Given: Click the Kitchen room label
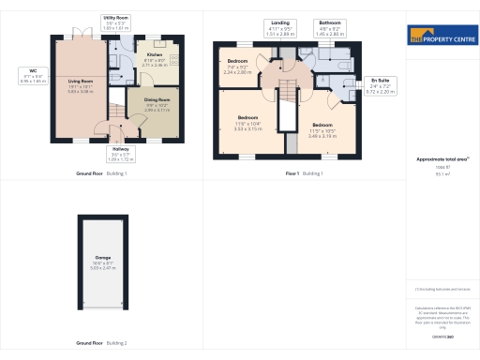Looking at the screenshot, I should (154, 59).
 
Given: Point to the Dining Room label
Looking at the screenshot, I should (157, 103).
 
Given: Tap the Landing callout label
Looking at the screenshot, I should (280, 25).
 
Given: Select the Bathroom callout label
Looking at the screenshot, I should (330, 25).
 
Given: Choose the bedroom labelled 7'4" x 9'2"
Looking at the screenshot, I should (238, 67).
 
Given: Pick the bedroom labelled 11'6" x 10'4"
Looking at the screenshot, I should (247, 122).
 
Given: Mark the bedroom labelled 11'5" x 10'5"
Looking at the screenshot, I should (322, 129).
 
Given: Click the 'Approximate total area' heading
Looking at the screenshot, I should (441, 159).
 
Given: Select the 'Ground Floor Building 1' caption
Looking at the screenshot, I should (101, 174).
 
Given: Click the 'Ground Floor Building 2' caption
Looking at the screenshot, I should (101, 343).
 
